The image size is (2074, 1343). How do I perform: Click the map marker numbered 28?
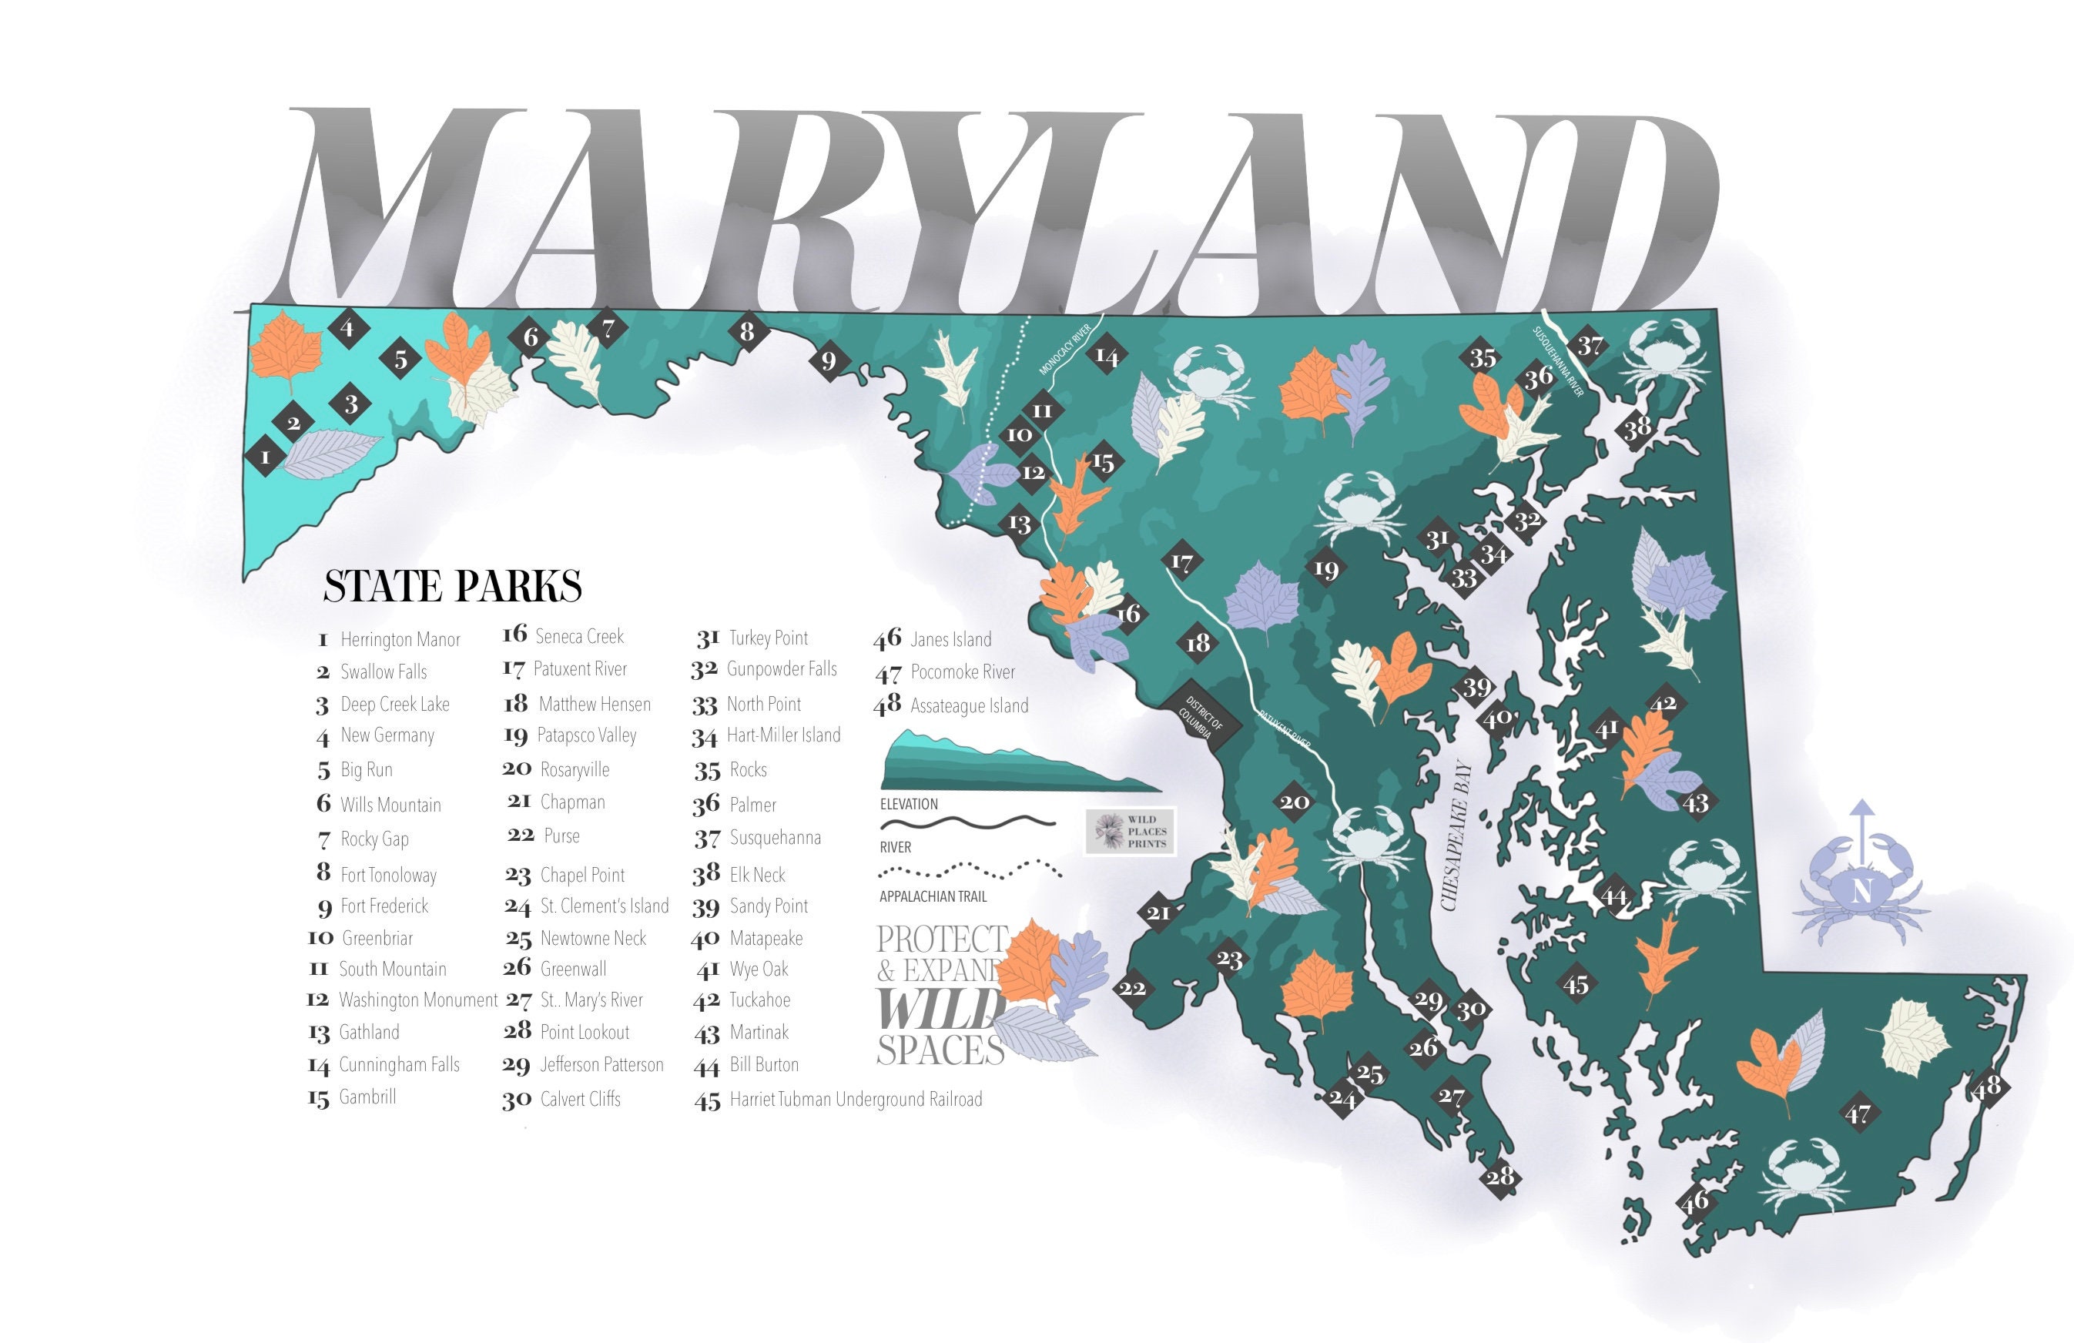click(1500, 1177)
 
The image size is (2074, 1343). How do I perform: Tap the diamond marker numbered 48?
click(1986, 1087)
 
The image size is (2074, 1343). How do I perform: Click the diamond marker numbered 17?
click(1181, 562)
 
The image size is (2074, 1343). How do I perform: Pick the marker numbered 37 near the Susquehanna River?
click(1590, 345)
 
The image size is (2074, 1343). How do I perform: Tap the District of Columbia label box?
click(1201, 717)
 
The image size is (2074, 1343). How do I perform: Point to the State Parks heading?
click(452, 586)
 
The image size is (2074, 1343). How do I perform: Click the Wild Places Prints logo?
click(1131, 831)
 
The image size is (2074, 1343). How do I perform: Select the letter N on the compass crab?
click(1861, 893)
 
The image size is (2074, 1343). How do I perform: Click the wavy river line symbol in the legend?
click(967, 822)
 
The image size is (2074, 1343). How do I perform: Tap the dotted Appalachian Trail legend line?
click(970, 869)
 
